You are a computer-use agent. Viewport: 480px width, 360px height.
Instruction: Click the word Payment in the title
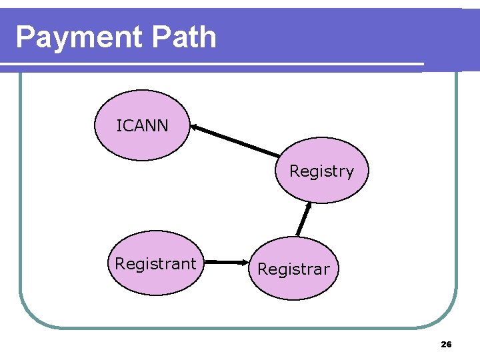pos(79,37)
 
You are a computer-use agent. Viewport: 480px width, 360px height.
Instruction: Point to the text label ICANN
pos(142,125)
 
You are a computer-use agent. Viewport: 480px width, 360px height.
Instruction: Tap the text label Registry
pos(321,171)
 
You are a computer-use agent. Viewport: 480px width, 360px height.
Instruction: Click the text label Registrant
pos(155,264)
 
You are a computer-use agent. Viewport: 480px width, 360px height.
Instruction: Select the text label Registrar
pos(293,269)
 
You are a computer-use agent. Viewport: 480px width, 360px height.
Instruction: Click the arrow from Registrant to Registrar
pos(227,263)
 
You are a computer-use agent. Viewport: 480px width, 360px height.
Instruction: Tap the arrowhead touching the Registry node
pos(309,206)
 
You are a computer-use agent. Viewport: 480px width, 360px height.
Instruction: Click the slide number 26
pos(446,345)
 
